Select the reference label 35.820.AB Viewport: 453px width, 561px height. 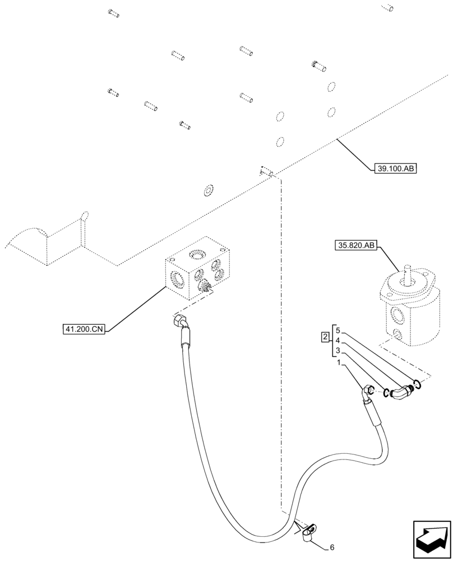tap(357, 245)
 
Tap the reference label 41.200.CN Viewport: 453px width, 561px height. tap(84, 329)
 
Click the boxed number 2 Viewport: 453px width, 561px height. tap(325, 338)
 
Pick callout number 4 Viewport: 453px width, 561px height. tap(337, 340)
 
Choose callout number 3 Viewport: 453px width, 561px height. tap(337, 351)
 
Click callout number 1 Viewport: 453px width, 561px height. tap(339, 363)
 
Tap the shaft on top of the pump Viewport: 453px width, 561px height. tap(407, 271)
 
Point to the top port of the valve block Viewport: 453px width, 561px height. tap(198, 256)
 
